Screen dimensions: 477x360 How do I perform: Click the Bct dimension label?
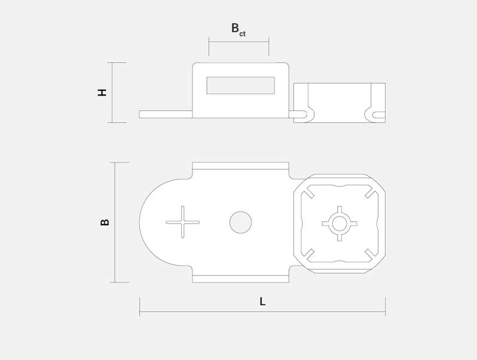pos(238,29)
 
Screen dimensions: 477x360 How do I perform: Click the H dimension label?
pos(102,92)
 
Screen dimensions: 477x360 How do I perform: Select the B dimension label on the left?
pos(105,222)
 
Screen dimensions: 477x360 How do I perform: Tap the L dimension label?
pos(262,302)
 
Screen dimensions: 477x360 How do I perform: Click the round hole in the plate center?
pos(241,222)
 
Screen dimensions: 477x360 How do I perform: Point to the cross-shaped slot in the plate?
pos(182,222)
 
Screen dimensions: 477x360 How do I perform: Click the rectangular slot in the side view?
pos(241,85)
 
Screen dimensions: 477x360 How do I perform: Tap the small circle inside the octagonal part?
pos(339,224)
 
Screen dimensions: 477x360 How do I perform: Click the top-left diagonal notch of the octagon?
pos(309,193)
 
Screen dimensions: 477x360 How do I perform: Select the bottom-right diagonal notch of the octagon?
pos(370,254)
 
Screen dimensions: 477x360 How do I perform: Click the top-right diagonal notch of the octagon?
pos(370,193)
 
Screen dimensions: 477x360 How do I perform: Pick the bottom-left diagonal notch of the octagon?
pos(309,254)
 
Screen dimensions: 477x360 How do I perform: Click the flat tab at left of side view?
pos(166,114)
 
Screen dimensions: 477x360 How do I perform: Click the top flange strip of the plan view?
pos(241,166)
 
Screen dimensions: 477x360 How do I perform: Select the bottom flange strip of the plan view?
pos(241,279)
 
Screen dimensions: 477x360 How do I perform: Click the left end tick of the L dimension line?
pos(140,307)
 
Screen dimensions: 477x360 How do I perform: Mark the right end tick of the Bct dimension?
pos(269,46)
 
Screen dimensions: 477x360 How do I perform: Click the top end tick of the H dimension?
pos(117,63)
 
